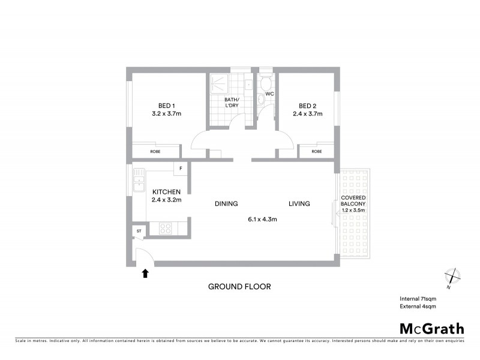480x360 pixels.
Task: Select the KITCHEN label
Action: [166, 191]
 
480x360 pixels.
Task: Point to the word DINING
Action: [227, 203]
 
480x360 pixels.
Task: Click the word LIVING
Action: [299, 203]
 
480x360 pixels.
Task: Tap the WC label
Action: [269, 94]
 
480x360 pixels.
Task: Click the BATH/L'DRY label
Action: [232, 103]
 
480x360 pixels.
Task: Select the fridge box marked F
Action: [181, 169]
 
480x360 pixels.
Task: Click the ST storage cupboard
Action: [139, 230]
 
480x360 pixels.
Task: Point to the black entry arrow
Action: [144, 274]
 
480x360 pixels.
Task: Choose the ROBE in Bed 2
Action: [316, 151]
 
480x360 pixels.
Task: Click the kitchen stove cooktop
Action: [165, 228]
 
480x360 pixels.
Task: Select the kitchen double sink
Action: [139, 180]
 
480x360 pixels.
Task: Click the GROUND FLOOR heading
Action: [239, 286]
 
